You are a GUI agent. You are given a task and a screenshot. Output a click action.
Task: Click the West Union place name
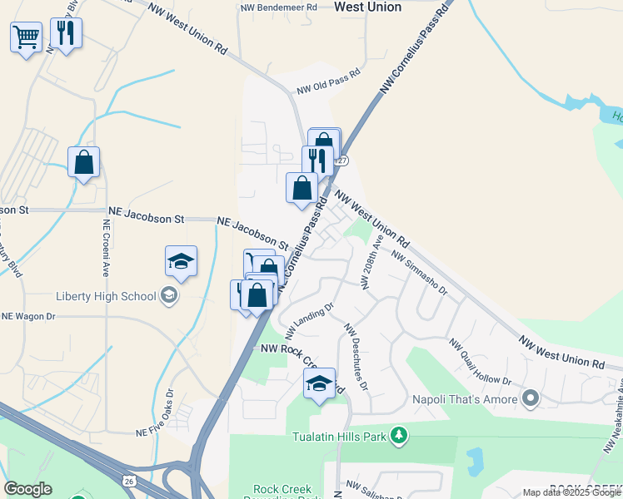366,7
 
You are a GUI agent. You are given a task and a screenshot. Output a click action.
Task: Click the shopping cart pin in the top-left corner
26,37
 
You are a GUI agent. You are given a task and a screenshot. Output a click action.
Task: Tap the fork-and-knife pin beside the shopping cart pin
64,34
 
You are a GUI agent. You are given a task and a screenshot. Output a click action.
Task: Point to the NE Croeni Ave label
107,248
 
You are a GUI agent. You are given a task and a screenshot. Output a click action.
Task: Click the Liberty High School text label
106,296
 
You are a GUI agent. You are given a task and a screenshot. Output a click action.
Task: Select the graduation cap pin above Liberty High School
182,261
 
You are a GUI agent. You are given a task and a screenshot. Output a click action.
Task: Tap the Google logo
27,489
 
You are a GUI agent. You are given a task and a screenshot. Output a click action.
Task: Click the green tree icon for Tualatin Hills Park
400,435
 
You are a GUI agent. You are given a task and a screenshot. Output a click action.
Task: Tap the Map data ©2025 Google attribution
571,492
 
